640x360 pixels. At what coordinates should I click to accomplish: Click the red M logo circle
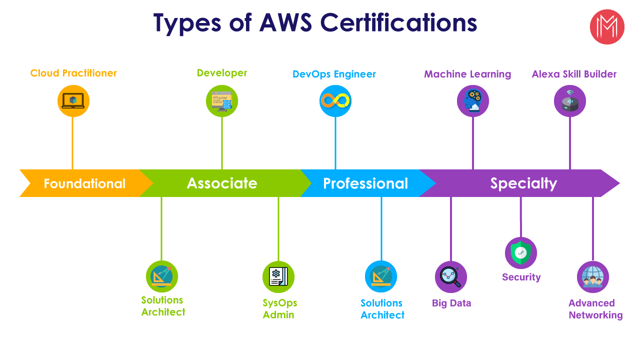(607, 26)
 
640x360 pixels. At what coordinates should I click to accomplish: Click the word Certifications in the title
(398, 23)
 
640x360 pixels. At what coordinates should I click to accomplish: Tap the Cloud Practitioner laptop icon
(73, 101)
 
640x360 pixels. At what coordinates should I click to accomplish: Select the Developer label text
(222, 73)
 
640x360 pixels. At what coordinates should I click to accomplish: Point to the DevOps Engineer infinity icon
(335, 101)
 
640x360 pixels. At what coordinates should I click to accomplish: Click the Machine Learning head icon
(472, 101)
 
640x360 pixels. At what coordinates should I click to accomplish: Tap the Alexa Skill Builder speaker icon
(569, 101)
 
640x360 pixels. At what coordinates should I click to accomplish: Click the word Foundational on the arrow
(84, 183)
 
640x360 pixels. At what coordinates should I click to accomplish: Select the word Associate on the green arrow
(222, 183)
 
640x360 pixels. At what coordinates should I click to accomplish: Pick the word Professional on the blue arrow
(365, 183)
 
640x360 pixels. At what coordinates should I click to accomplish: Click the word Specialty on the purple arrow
(523, 183)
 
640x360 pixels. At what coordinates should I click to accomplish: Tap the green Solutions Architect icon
(161, 276)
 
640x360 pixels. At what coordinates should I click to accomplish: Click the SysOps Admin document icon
(278, 276)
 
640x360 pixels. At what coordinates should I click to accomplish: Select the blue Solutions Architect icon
(381, 276)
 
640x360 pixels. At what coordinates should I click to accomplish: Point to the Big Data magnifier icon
(450, 276)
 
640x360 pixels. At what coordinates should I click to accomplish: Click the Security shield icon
(520, 253)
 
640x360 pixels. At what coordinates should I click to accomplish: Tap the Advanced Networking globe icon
(592, 276)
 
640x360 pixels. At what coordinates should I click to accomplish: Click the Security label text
(521, 277)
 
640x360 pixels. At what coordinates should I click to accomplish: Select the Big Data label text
(451, 303)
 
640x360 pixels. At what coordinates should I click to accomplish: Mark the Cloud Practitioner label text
(73, 73)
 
